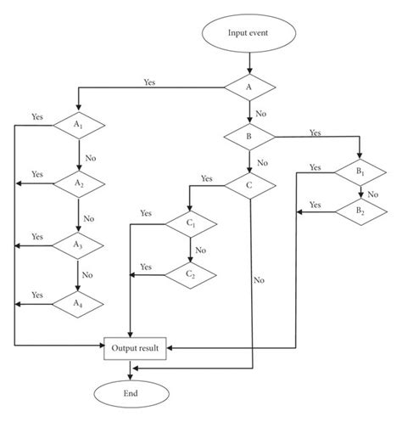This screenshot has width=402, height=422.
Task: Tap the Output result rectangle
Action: pyautogui.click(x=137, y=348)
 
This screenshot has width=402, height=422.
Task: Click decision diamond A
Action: pyautogui.click(x=249, y=87)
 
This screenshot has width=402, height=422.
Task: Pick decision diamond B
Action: pyautogui.click(x=249, y=135)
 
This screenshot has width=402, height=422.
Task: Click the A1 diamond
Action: pyautogui.click(x=78, y=125)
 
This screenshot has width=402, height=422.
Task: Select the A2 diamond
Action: pyautogui.click(x=78, y=182)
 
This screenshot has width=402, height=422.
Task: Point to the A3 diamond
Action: pyautogui.click(x=78, y=244)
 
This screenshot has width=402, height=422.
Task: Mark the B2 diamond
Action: pyautogui.click(x=360, y=211)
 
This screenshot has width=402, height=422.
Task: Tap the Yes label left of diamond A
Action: pyautogui.click(x=149, y=82)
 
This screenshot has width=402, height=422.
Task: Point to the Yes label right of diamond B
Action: pyautogui.click(x=315, y=132)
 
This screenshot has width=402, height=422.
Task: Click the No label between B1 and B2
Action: pyautogui.click(x=373, y=193)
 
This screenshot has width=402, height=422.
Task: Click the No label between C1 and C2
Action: pyautogui.click(x=200, y=250)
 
